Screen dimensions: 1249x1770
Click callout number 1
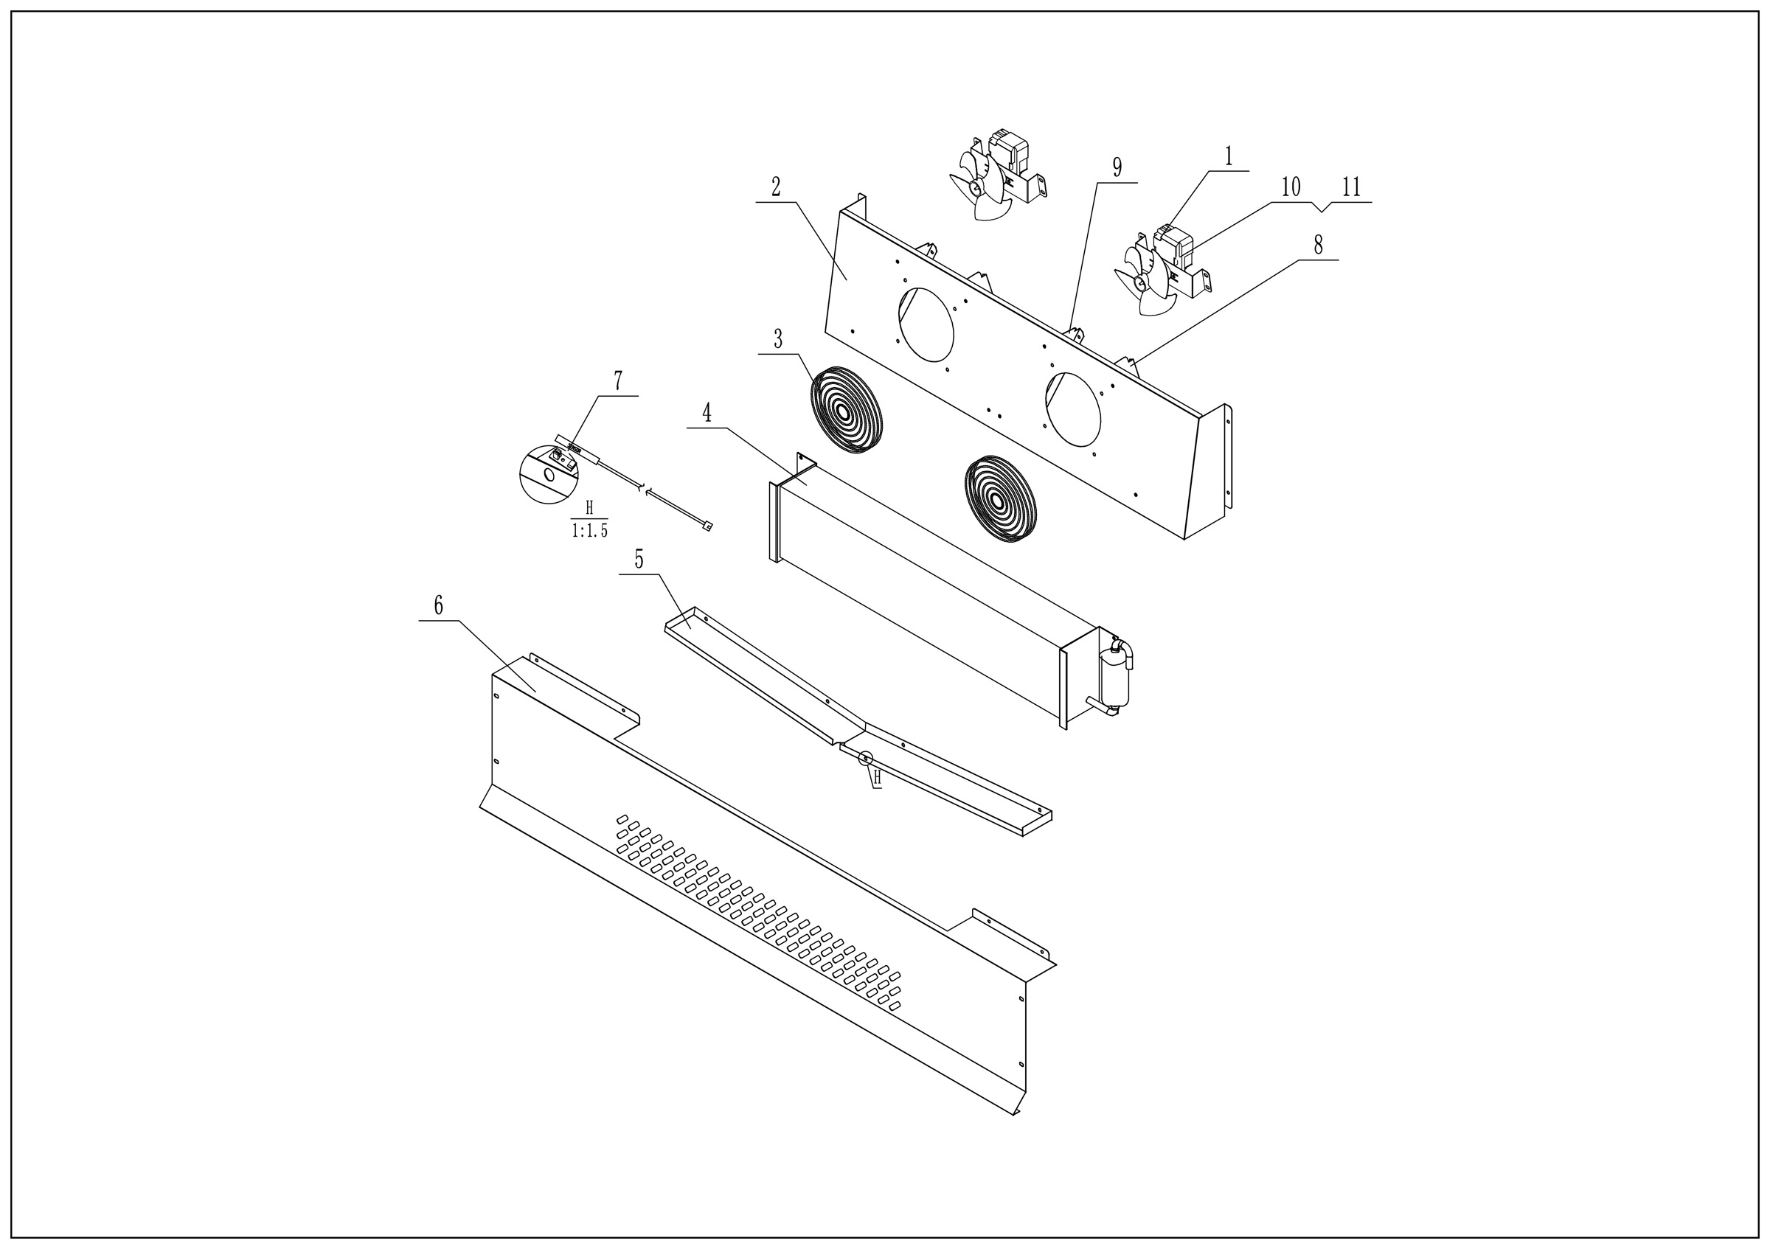click(x=1229, y=157)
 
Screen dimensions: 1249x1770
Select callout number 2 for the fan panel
click(x=776, y=187)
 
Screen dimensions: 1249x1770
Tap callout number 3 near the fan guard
click(x=778, y=339)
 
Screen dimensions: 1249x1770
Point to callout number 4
click(x=706, y=414)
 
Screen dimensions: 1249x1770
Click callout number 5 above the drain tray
click(x=639, y=560)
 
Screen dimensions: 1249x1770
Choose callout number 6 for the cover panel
click(x=438, y=605)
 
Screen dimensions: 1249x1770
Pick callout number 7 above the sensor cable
click(x=617, y=380)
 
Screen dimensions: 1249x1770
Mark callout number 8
click(x=1318, y=246)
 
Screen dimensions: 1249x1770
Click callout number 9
click(x=1117, y=167)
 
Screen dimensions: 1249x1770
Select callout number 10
click(x=1291, y=187)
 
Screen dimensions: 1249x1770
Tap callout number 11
click(x=1351, y=187)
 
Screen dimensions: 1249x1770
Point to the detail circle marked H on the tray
click(x=867, y=758)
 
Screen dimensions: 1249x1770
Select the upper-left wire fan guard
click(x=846, y=409)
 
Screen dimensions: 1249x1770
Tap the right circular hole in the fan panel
click(x=1072, y=409)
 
